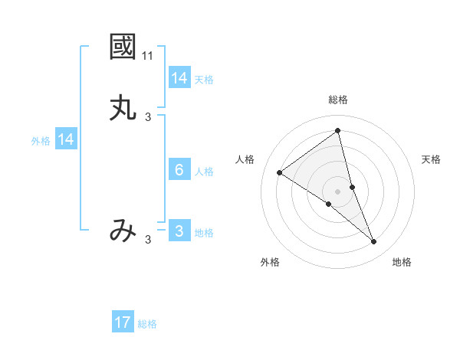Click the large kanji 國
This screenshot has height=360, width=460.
click(x=123, y=47)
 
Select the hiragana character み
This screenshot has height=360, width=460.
click(x=123, y=231)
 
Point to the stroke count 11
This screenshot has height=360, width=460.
click(x=148, y=56)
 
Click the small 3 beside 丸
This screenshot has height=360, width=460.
click(x=148, y=117)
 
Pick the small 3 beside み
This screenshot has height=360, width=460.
click(x=148, y=240)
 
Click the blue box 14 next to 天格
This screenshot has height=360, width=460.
click(x=179, y=78)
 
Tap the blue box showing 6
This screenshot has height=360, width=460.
click(x=179, y=170)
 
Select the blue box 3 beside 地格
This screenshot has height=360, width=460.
click(x=179, y=231)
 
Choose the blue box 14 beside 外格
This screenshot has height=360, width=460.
click(x=67, y=139)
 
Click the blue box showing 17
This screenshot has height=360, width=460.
click(x=123, y=322)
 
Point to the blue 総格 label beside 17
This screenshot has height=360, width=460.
click(x=147, y=324)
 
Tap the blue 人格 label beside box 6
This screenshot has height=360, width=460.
click(x=204, y=172)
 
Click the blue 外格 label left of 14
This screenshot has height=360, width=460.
click(x=41, y=141)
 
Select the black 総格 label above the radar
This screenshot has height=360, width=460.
click(x=338, y=100)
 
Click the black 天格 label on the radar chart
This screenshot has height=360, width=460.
click(x=431, y=159)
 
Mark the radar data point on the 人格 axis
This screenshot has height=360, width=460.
click(x=279, y=172)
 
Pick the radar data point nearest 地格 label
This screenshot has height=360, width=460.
click(x=374, y=242)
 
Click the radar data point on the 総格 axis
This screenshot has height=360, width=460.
click(x=338, y=131)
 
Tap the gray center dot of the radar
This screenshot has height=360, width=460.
click(x=338, y=191)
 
